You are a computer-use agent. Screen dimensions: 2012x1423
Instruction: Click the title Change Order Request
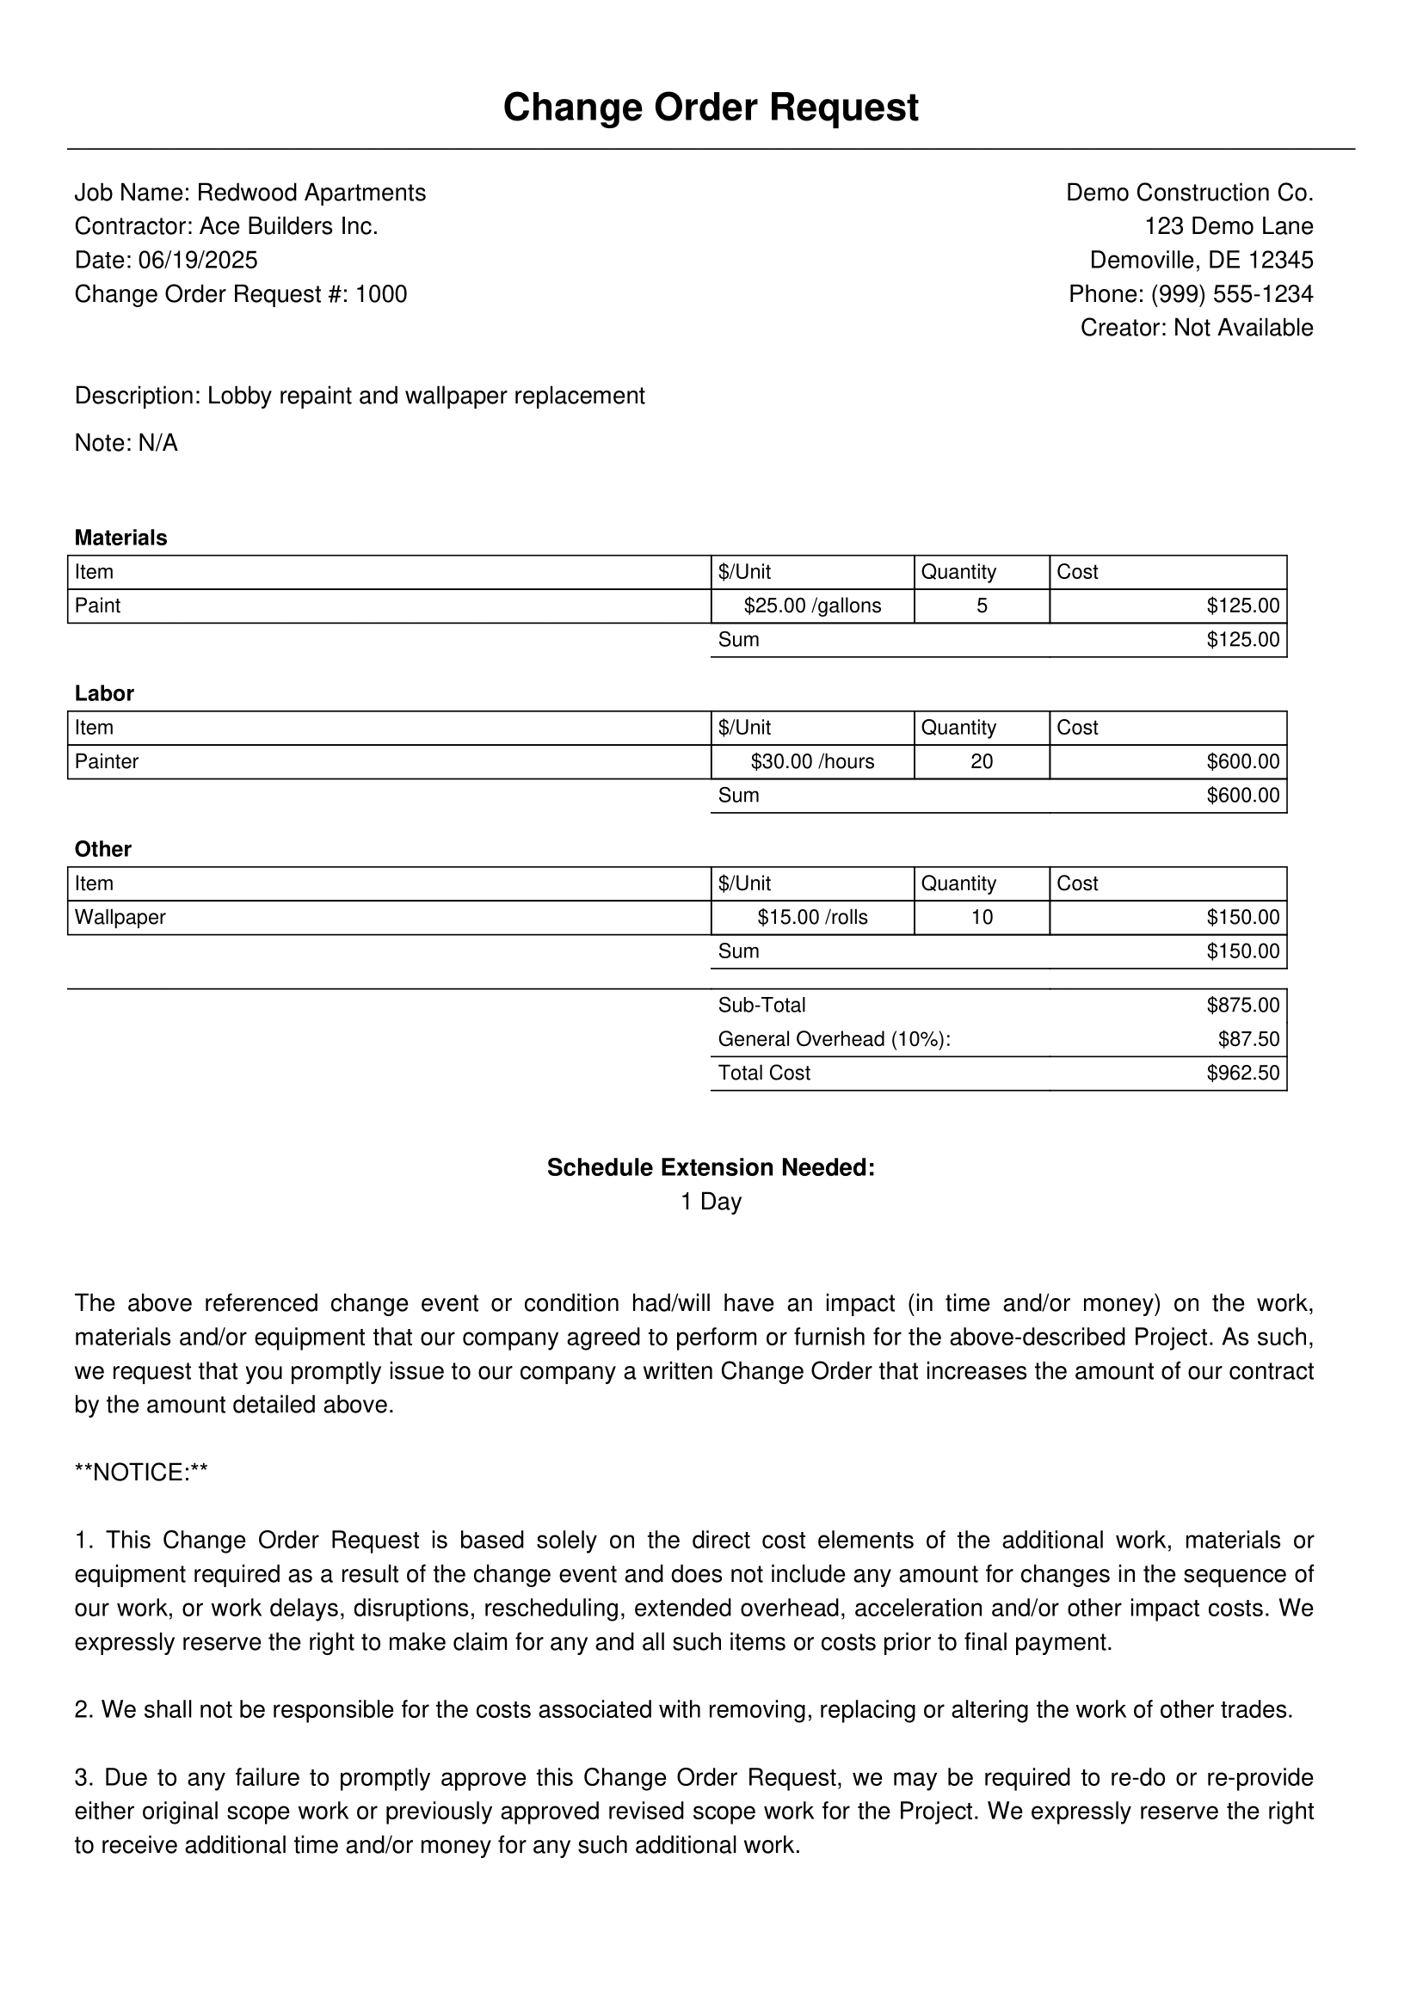[x=711, y=108]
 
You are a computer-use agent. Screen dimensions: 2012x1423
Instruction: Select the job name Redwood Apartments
[x=311, y=193]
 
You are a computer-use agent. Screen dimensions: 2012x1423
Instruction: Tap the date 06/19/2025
[x=198, y=261]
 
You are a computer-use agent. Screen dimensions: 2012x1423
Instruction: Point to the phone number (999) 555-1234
[x=1232, y=294]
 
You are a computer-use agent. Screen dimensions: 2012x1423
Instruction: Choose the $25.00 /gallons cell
[x=812, y=606]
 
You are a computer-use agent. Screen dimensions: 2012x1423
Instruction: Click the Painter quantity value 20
[x=982, y=762]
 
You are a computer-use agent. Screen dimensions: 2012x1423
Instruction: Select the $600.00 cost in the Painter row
[x=1242, y=762]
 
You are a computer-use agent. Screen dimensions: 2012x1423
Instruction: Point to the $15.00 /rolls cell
[x=812, y=919]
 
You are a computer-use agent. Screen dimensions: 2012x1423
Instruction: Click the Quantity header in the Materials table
[x=958, y=572]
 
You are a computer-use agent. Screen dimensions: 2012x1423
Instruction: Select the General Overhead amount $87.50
[x=1248, y=1040]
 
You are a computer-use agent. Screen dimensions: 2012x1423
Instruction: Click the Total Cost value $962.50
[x=1242, y=1074]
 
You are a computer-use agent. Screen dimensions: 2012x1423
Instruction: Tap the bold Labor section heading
[x=104, y=694]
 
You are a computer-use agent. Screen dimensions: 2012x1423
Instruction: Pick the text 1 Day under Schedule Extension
[x=711, y=1203]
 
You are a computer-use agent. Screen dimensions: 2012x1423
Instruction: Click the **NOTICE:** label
[x=141, y=1473]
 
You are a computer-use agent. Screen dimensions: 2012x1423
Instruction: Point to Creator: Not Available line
[x=1196, y=328]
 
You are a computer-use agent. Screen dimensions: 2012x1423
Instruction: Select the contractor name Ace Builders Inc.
[x=288, y=227]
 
